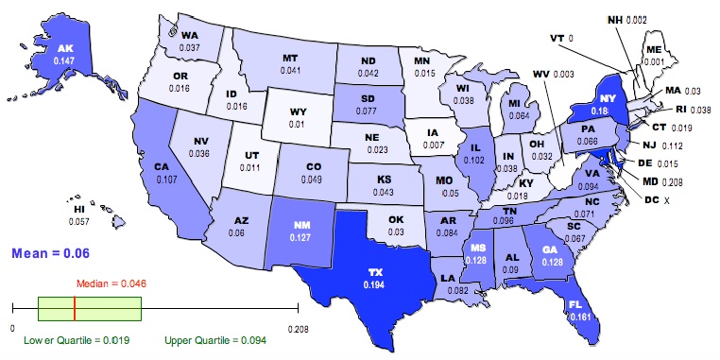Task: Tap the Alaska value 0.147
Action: click(66, 59)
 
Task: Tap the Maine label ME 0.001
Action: click(653, 55)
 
